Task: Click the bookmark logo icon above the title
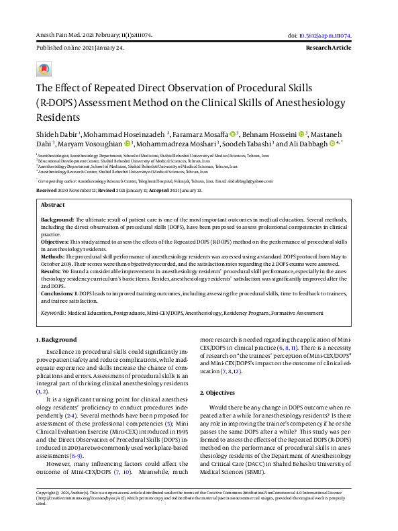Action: click(x=44, y=69)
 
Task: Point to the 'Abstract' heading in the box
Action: click(x=53, y=205)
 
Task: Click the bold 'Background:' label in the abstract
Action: click(x=57, y=220)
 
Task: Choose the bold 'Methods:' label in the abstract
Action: click(x=53, y=255)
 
